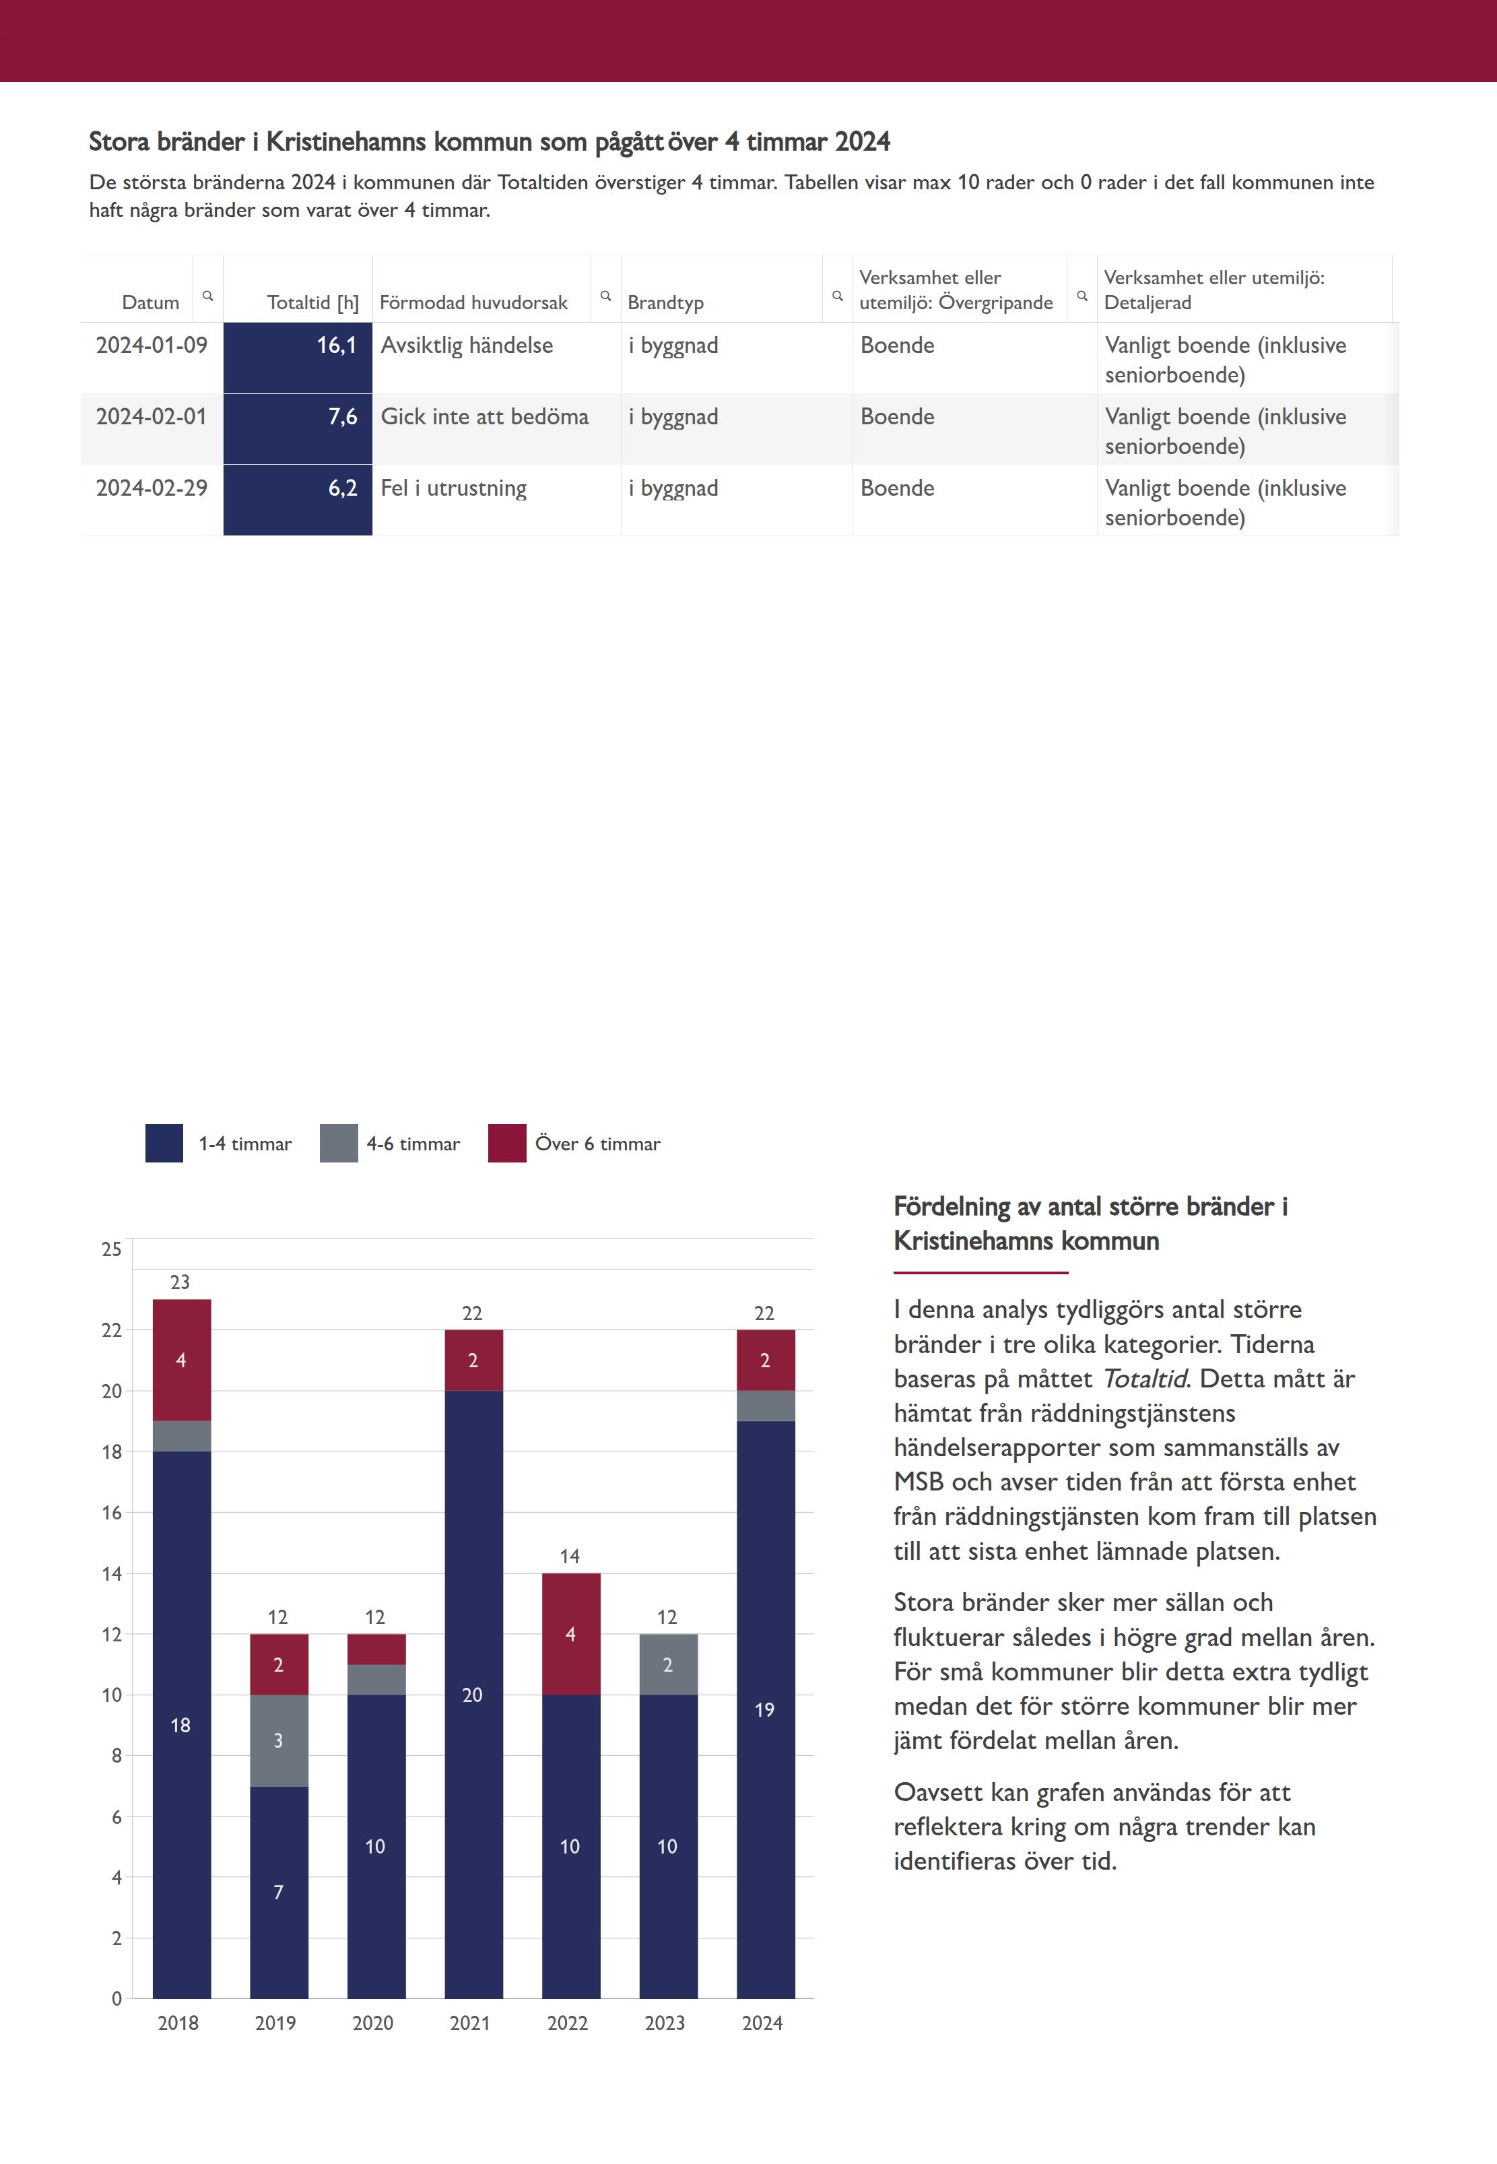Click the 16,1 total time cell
click(x=298, y=358)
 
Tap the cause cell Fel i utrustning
click(x=454, y=489)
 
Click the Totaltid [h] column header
click(x=312, y=302)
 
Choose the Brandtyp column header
click(x=665, y=302)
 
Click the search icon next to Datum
click(x=208, y=296)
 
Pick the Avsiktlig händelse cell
click(x=467, y=346)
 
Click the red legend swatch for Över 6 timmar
click(x=506, y=1144)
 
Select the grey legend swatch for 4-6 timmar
click(x=339, y=1144)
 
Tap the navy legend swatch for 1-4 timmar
click(x=164, y=1144)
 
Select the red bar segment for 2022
click(x=570, y=1634)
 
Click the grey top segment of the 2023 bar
click(x=668, y=1664)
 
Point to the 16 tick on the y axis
click(x=112, y=1512)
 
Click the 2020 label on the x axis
click(x=373, y=2023)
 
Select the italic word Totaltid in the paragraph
click(x=1143, y=1379)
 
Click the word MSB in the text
click(x=919, y=1482)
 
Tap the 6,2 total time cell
click(x=298, y=500)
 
